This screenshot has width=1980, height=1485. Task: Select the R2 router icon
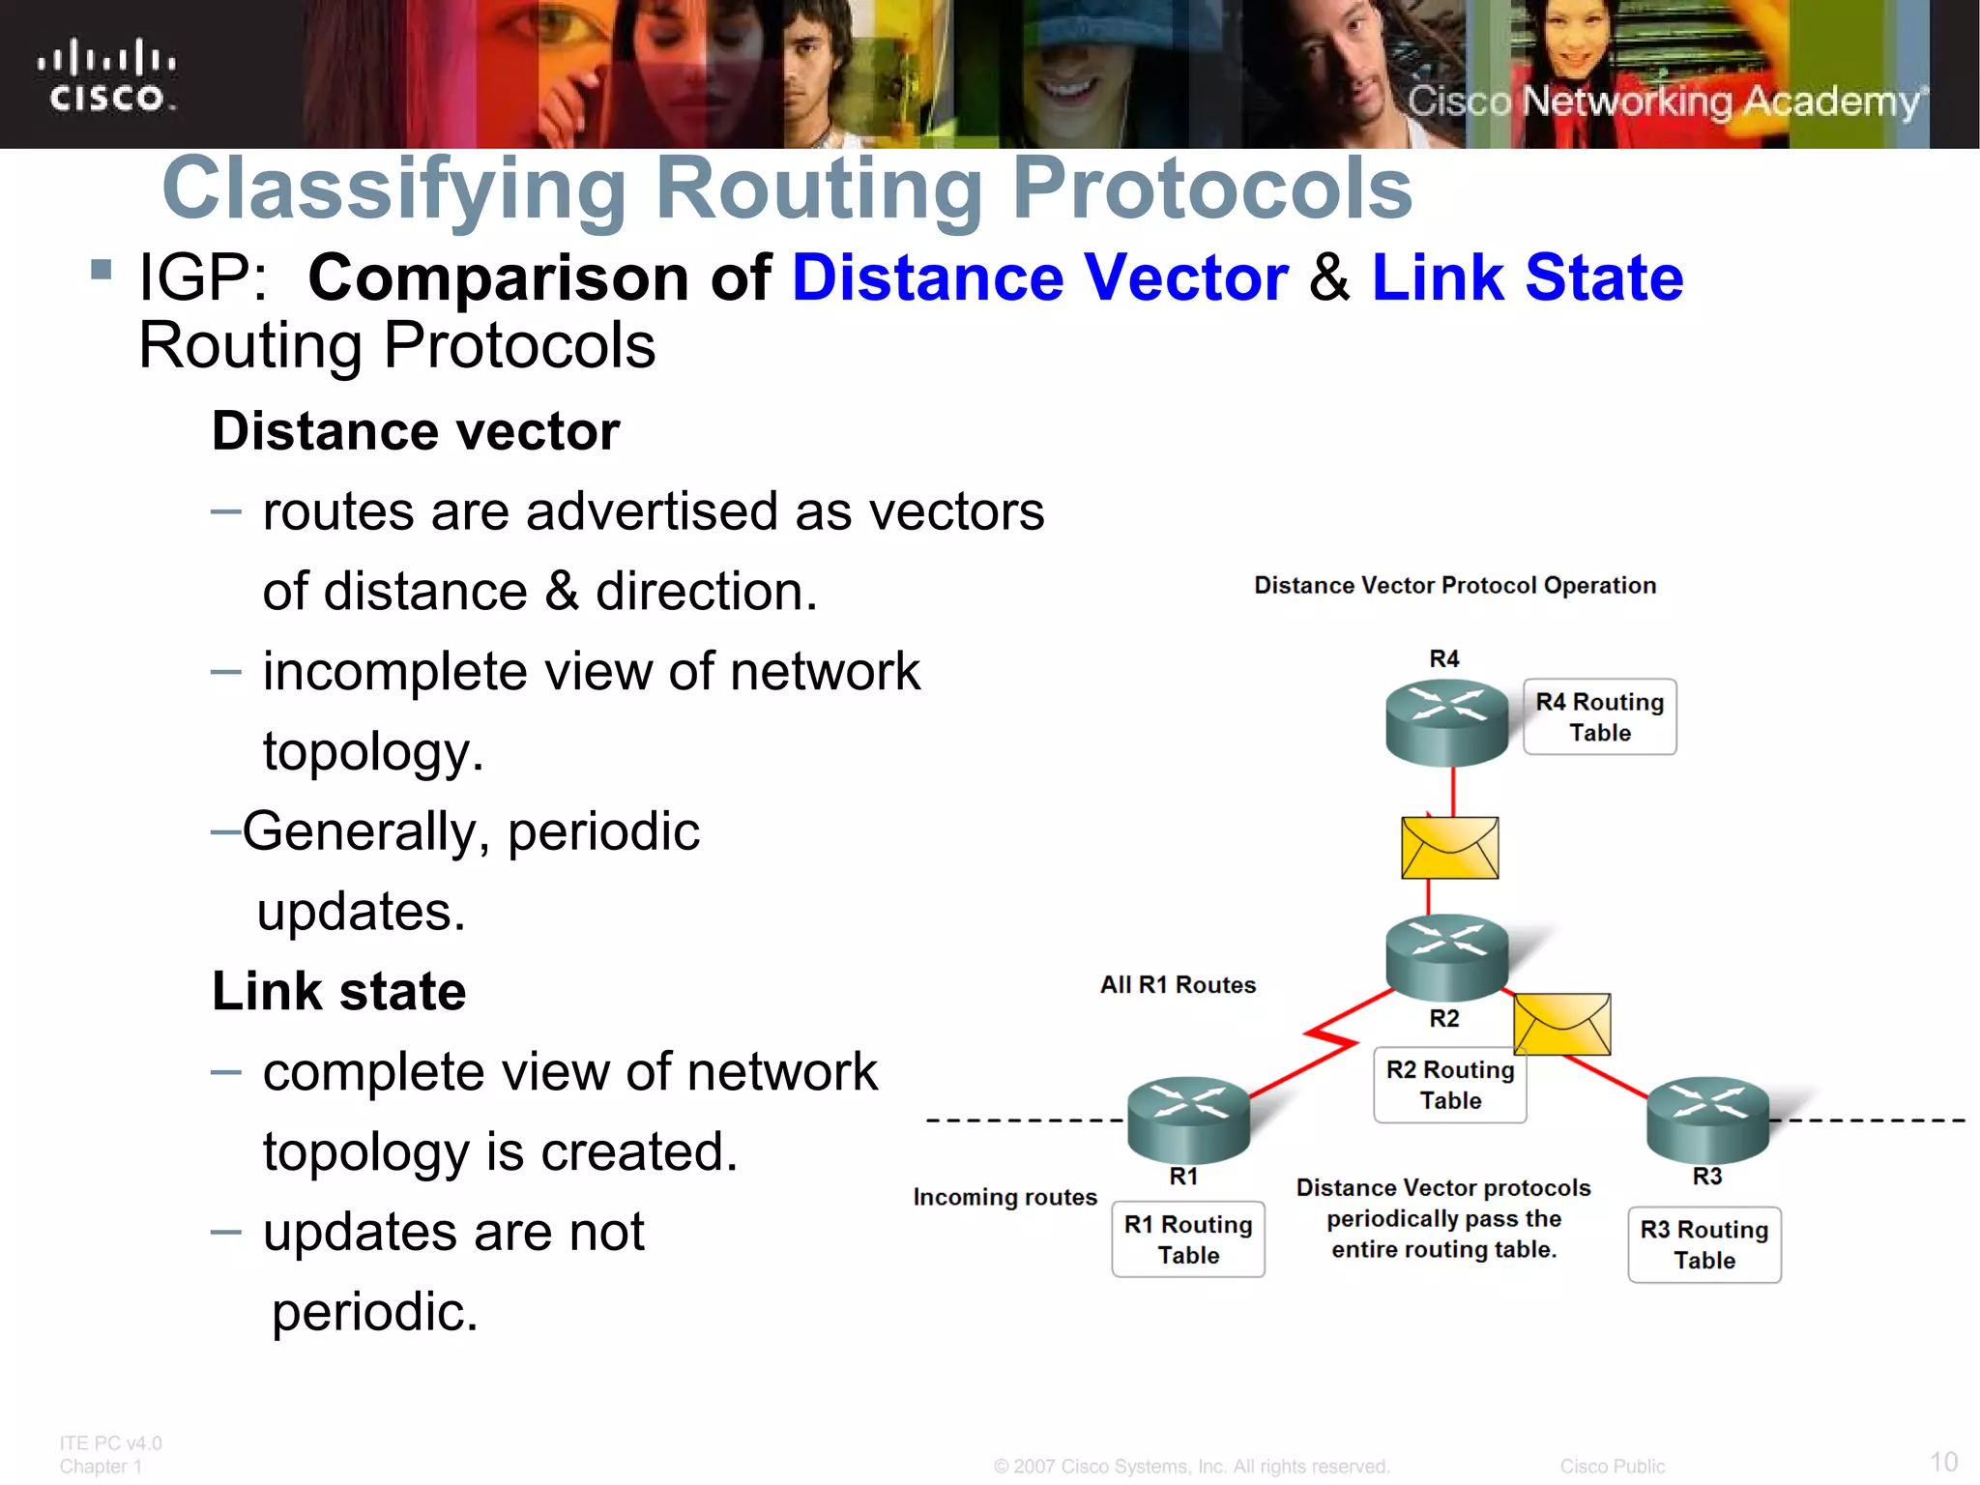click(1446, 955)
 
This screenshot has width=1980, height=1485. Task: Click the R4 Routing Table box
click(1600, 716)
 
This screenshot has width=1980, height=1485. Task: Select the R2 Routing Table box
click(1449, 1086)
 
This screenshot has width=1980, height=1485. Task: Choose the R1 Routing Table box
click(1188, 1239)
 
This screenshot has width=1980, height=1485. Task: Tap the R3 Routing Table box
click(1704, 1244)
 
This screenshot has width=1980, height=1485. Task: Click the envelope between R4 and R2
click(1449, 848)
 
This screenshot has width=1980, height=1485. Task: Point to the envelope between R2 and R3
click(1562, 1024)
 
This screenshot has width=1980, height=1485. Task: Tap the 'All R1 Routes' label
click(1178, 985)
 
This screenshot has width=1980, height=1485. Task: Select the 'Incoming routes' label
click(1005, 1197)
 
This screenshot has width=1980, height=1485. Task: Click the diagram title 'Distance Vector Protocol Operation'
click(1455, 585)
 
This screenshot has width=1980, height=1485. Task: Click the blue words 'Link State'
click(1528, 278)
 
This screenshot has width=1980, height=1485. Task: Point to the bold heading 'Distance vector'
click(416, 431)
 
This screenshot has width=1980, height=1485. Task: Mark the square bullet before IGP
click(102, 269)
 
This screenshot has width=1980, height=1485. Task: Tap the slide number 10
click(1943, 1461)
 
